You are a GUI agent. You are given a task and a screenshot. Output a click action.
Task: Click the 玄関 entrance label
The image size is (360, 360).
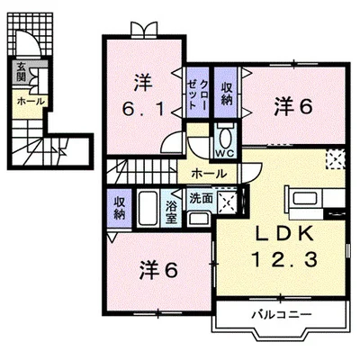[20, 71]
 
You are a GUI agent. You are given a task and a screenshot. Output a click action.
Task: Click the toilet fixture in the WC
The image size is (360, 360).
[225, 137]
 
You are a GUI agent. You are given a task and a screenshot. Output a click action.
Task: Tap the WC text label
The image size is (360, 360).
[225, 152]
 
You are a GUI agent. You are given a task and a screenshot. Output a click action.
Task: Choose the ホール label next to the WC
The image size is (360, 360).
[209, 172]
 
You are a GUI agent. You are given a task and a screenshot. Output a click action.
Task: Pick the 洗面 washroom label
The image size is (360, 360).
[201, 198]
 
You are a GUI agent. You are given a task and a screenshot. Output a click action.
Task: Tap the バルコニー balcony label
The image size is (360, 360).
[280, 316]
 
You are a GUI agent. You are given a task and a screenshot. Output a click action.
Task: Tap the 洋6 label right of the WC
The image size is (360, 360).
[292, 106]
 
